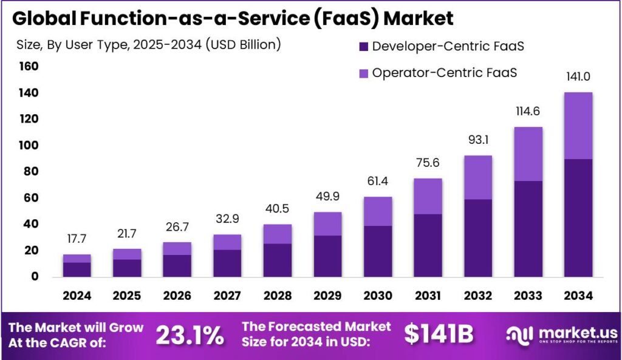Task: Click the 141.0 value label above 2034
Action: coord(578,76)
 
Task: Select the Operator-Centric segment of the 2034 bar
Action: coord(578,126)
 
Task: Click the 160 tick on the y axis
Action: coord(29,66)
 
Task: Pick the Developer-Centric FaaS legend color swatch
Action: coord(364,46)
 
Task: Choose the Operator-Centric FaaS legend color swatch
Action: coord(364,73)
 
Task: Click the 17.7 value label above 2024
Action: coord(77,239)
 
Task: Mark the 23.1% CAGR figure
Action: coord(190,335)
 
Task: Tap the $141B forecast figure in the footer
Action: coord(439,335)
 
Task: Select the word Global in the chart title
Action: coord(44,18)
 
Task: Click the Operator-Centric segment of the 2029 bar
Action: coord(327,223)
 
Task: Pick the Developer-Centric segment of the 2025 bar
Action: coord(127,268)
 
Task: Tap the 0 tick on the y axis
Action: coord(35,276)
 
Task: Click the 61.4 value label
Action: coord(378,182)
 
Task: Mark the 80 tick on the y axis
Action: coord(32,171)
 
